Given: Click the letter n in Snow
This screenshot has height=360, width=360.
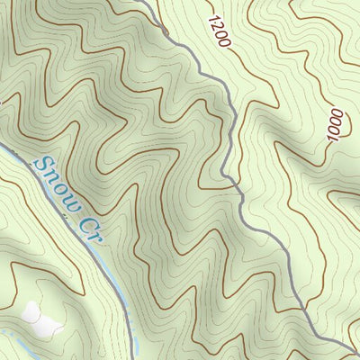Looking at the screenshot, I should tap(51, 175).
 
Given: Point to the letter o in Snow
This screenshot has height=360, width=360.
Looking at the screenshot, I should tap(59, 185).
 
